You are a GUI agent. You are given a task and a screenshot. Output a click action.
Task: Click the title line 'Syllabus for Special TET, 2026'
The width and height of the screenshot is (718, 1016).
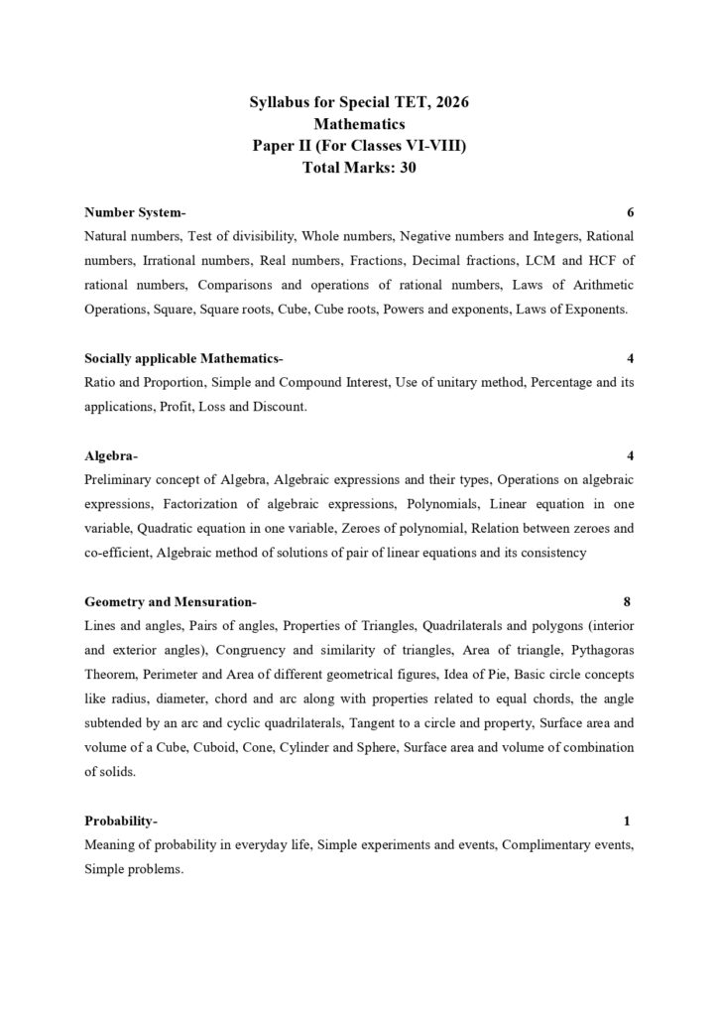click(359, 102)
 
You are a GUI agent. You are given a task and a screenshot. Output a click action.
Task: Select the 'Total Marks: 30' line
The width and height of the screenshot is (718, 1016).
click(359, 168)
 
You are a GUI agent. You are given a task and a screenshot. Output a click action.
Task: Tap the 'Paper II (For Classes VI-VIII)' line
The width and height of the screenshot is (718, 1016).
click(359, 146)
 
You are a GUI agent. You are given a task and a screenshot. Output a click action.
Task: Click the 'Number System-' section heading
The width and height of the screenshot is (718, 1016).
click(135, 212)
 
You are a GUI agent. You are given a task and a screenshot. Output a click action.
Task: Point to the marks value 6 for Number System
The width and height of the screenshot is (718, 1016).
click(631, 212)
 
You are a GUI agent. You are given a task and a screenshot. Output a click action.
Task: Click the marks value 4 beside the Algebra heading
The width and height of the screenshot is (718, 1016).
click(631, 455)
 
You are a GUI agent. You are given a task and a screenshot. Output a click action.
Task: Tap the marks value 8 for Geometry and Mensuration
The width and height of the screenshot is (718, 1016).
click(627, 601)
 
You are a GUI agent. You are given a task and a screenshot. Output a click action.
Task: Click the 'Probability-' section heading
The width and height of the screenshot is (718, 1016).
click(121, 821)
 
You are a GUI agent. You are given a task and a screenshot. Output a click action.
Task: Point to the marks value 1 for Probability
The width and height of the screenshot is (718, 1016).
click(627, 821)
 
